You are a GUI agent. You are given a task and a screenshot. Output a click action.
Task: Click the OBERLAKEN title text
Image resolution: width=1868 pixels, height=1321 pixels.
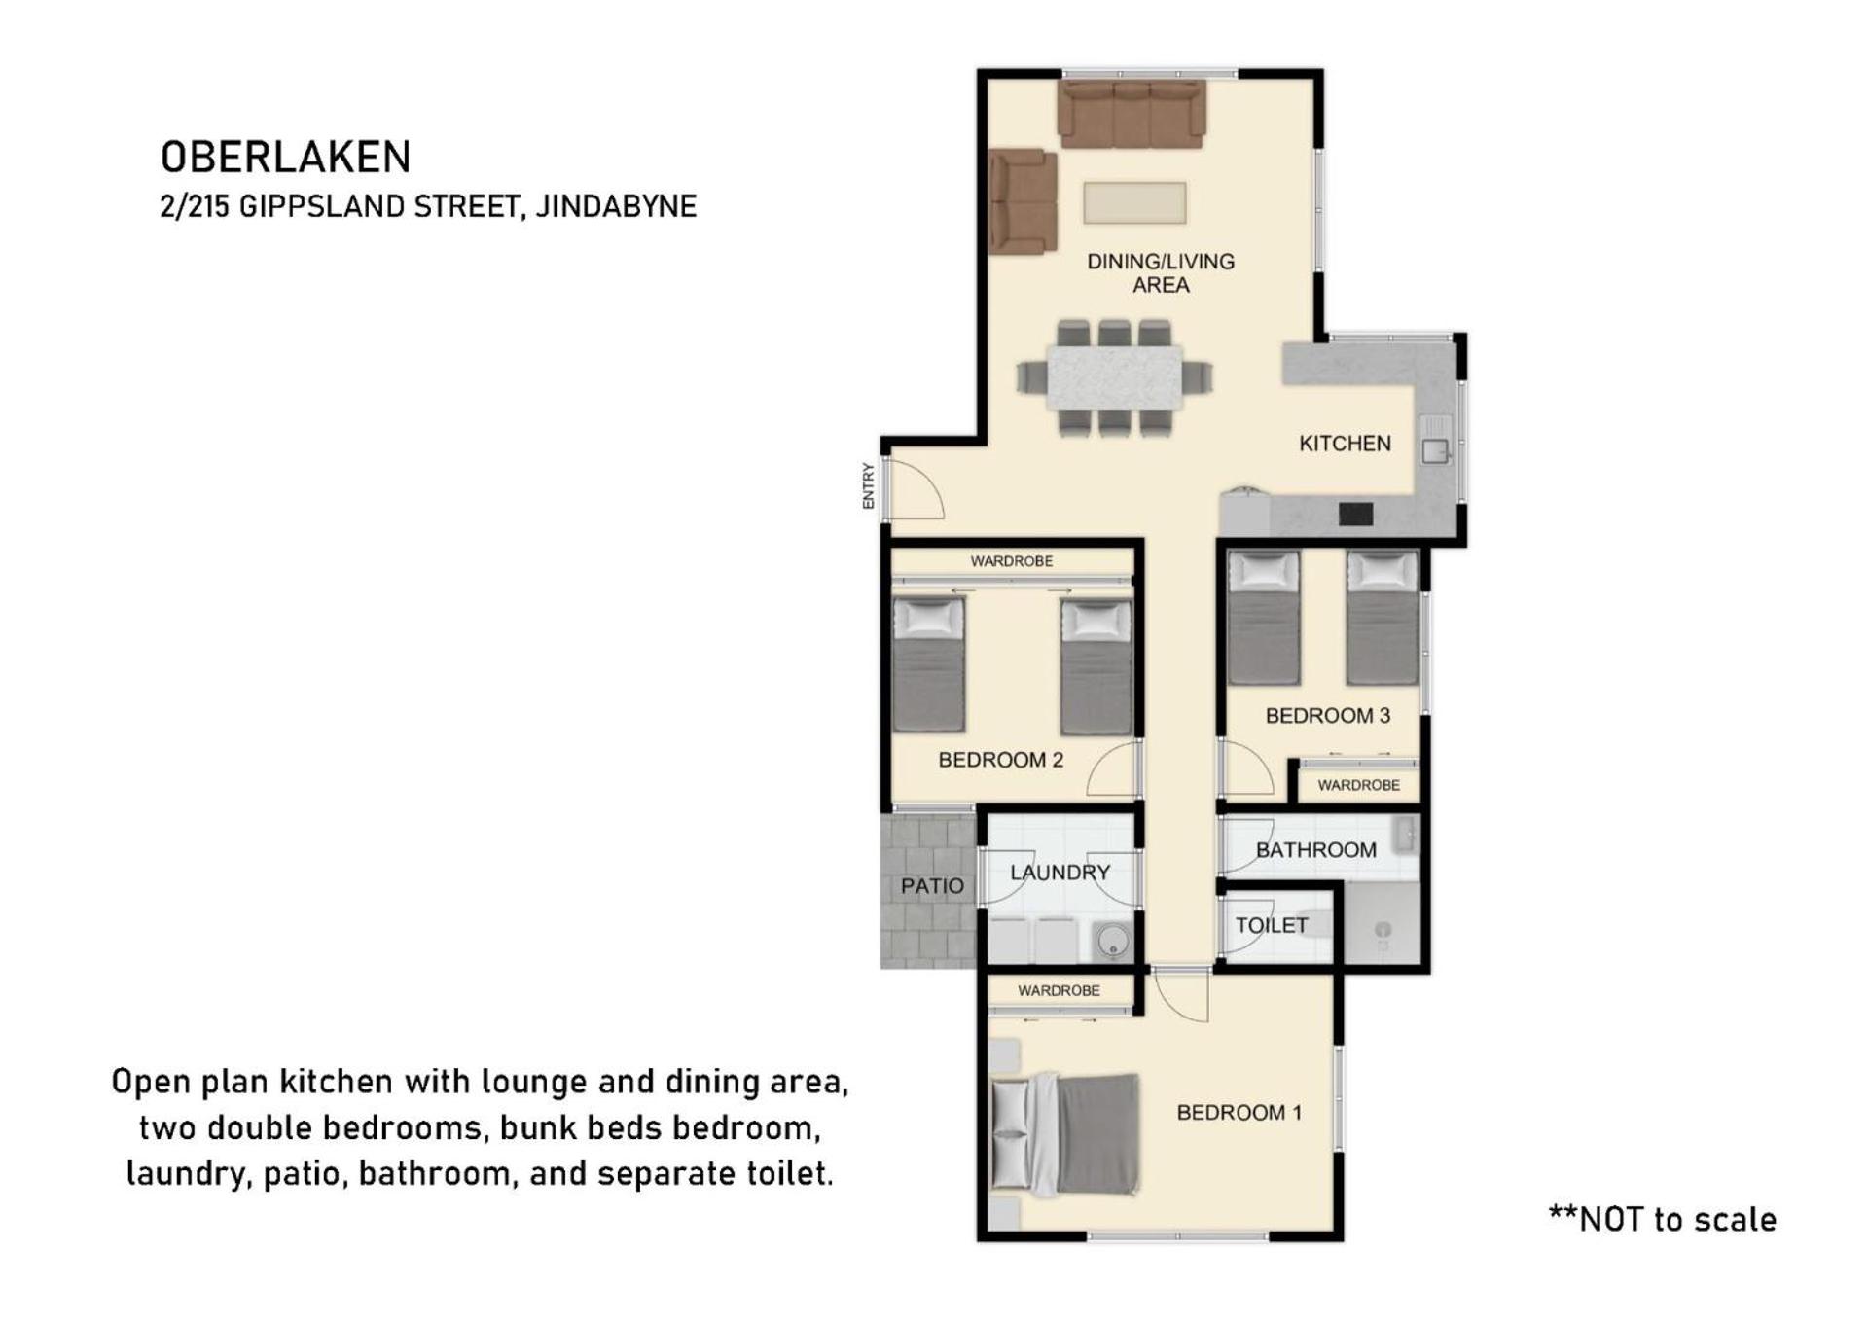click(285, 157)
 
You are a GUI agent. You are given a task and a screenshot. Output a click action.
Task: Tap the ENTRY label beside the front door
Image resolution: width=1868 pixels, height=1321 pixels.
click(869, 485)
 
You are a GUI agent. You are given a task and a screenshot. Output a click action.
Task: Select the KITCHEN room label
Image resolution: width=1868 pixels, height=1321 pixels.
click(1345, 444)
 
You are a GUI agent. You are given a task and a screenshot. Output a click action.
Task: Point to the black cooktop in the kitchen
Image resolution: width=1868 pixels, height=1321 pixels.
click(1355, 514)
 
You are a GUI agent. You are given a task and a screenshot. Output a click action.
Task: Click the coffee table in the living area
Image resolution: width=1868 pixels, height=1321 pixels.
click(1134, 203)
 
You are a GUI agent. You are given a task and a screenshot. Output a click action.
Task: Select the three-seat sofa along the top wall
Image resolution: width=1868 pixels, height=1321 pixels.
click(1132, 114)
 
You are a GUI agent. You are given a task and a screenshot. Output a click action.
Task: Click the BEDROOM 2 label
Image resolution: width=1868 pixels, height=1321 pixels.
click(1000, 760)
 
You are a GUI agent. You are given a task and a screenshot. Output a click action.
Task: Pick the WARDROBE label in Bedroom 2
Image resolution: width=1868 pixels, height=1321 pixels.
click(1011, 561)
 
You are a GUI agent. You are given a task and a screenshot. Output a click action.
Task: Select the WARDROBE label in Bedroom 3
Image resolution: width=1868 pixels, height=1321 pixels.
click(1358, 785)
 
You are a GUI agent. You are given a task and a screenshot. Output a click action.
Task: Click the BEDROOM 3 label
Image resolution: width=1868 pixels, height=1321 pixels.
click(1327, 716)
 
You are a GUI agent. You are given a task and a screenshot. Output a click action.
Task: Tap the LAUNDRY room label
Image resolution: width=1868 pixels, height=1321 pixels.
click(1060, 873)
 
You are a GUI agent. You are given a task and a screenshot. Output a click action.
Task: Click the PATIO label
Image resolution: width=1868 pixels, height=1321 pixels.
click(932, 886)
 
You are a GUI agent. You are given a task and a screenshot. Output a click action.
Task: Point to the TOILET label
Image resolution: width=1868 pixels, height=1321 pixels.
click(1272, 925)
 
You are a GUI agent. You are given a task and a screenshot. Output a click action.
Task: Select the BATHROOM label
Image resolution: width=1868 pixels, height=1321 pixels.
click(1315, 850)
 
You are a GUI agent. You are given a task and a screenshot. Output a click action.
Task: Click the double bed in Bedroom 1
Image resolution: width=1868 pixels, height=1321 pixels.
click(1065, 1134)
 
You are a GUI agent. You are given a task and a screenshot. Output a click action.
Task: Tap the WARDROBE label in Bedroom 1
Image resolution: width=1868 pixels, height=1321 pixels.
click(1059, 990)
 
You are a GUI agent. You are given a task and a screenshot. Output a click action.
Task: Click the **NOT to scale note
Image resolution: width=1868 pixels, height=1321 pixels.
click(1663, 1220)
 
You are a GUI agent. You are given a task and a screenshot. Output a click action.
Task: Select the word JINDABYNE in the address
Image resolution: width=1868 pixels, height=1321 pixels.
click(616, 207)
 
